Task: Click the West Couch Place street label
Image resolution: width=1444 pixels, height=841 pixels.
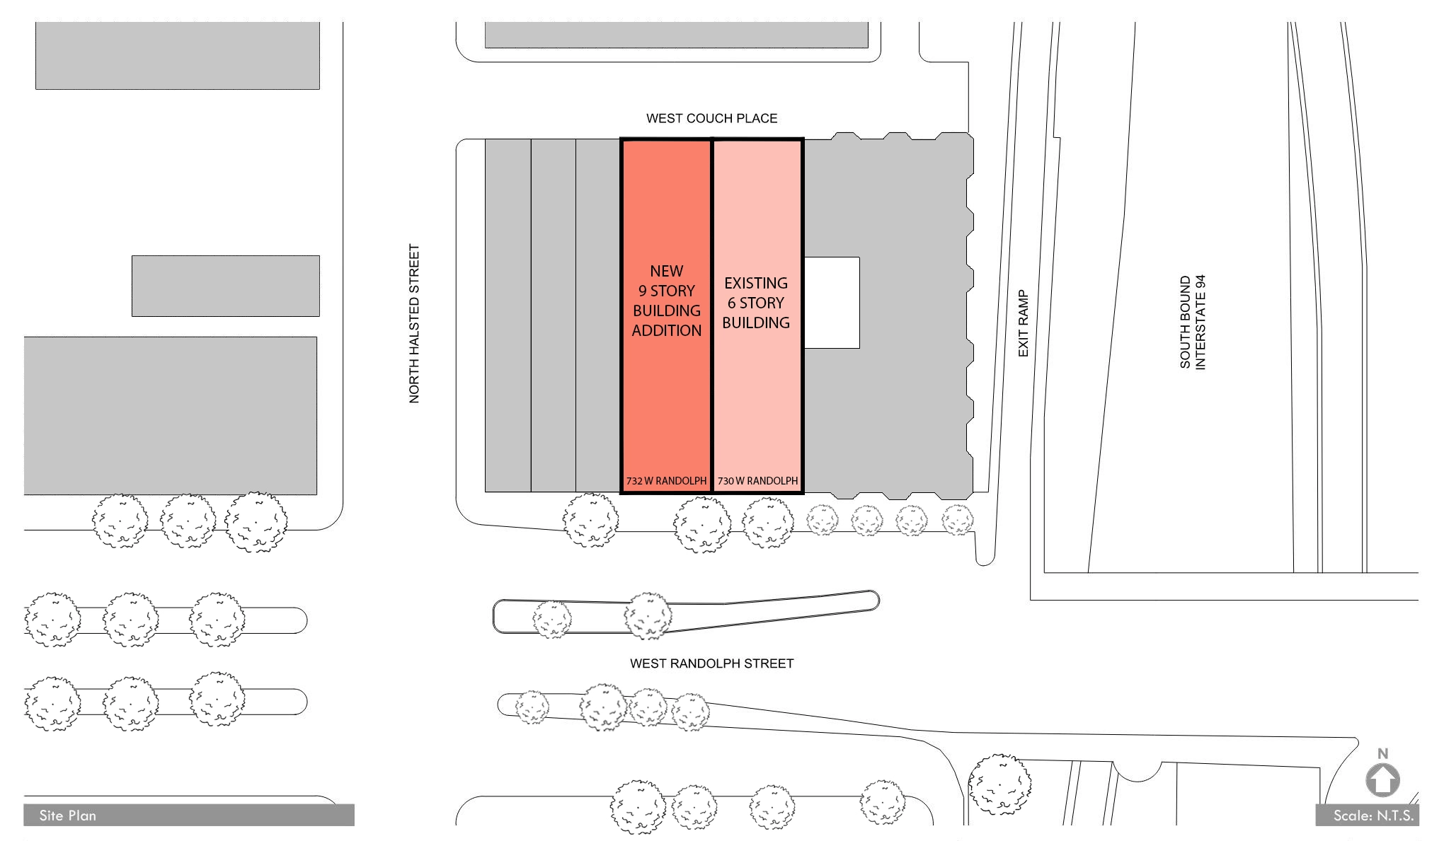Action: (x=711, y=118)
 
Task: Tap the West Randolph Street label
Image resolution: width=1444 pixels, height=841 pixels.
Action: (x=712, y=663)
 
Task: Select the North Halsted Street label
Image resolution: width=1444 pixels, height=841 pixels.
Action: (x=415, y=324)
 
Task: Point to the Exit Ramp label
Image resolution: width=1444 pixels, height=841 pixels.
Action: (x=1023, y=323)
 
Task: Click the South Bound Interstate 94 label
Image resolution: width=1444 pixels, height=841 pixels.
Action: (x=1193, y=322)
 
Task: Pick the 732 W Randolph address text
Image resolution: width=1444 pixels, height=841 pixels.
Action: (x=666, y=481)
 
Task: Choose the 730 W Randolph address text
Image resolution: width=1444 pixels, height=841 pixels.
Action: (x=757, y=481)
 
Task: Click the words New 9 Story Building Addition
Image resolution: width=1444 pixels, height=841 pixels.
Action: (x=667, y=301)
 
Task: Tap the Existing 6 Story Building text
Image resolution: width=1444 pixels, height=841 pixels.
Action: (x=756, y=303)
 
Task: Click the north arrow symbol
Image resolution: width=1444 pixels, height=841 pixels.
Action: (x=1382, y=781)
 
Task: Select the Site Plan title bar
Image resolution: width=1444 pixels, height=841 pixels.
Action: (x=189, y=815)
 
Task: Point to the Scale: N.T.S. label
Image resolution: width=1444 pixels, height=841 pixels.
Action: (x=1373, y=816)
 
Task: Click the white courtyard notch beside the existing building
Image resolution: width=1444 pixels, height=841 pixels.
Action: (x=832, y=303)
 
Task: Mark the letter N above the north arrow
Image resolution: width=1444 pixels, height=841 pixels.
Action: (x=1382, y=754)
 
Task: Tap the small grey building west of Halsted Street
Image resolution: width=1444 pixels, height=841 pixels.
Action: (x=226, y=286)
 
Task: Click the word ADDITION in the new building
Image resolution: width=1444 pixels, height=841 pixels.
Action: (x=667, y=330)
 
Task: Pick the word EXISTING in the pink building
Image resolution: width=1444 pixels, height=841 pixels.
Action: (x=756, y=283)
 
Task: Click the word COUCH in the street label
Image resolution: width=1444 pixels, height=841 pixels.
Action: (x=711, y=118)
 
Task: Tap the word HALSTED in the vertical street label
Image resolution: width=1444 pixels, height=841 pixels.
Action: (x=415, y=325)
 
